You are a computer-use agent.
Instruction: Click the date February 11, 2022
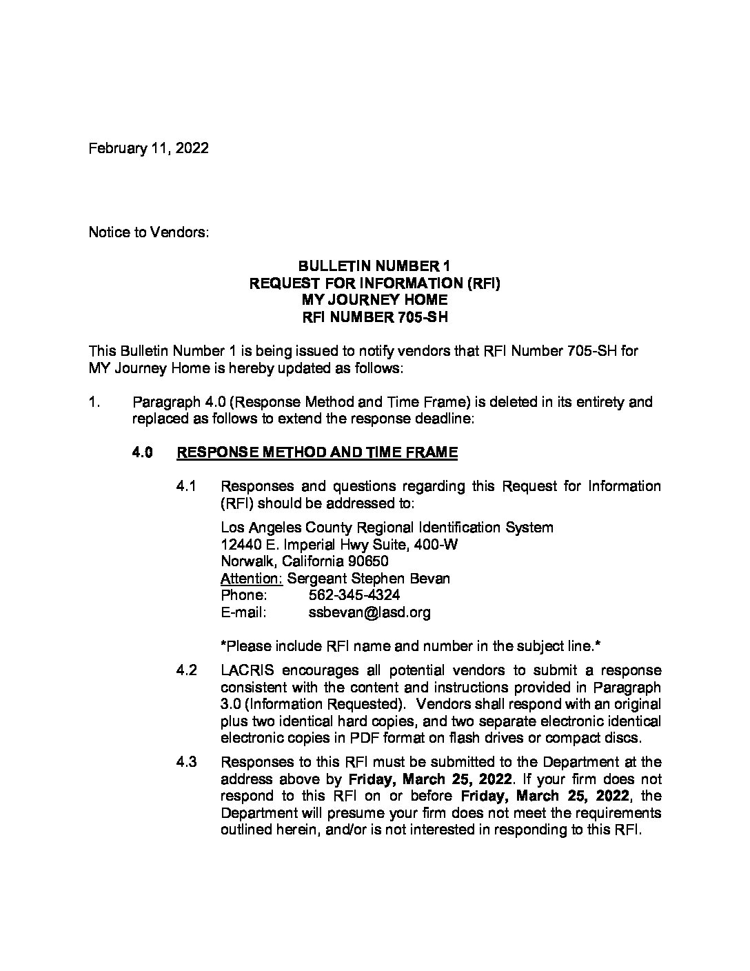coord(148,148)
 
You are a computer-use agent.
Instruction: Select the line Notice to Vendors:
coord(148,232)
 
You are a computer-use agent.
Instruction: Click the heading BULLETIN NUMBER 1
coord(374,266)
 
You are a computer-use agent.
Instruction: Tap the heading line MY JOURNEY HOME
coord(374,300)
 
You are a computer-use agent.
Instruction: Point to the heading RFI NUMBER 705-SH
coord(374,317)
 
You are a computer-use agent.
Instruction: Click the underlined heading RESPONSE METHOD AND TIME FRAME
coord(317,453)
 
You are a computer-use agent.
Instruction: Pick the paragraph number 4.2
coord(186,670)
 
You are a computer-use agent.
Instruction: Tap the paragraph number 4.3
coord(186,762)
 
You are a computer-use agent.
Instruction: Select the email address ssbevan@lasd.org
coord(370,612)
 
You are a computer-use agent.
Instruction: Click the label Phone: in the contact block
coord(243,594)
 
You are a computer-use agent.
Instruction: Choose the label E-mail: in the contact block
coord(243,612)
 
